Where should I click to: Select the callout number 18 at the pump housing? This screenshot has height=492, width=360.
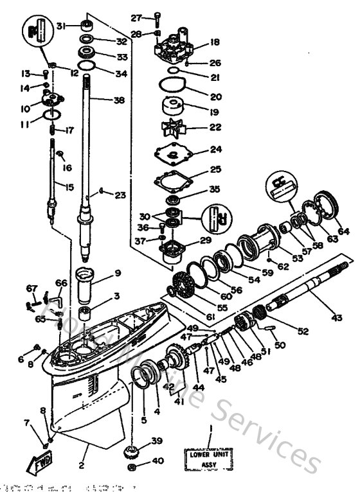point(215,42)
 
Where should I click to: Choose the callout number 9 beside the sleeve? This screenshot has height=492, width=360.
point(117,273)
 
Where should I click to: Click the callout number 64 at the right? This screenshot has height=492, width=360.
point(344,231)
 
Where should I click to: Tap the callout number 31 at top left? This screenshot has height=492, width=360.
point(61,26)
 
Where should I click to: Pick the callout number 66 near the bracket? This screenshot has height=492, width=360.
point(62,283)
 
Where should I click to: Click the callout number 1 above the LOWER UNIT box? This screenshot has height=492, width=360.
point(210,428)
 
